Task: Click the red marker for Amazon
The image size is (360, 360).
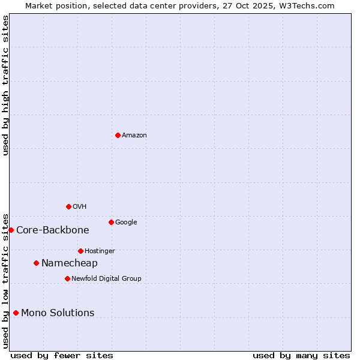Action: click(x=118, y=135)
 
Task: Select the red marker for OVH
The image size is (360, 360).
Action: click(x=68, y=206)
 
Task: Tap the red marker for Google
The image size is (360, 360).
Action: click(x=111, y=222)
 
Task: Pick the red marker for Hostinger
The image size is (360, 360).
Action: click(x=80, y=251)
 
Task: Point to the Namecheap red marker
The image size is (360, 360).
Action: click(x=36, y=263)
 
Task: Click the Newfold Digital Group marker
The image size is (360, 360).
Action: click(x=67, y=278)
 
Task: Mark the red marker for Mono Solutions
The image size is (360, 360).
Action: click(x=16, y=313)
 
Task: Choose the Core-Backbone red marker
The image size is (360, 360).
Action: click(x=11, y=230)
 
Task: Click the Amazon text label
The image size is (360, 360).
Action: click(x=134, y=136)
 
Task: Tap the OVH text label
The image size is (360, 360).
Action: click(x=80, y=207)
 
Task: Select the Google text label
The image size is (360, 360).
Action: click(x=126, y=223)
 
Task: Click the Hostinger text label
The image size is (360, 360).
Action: click(x=100, y=251)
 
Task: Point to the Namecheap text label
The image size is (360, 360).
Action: click(x=70, y=263)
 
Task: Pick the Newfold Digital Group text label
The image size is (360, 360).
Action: click(x=106, y=279)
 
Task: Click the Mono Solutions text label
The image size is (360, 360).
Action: click(x=58, y=313)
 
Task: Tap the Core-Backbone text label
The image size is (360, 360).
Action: click(x=53, y=230)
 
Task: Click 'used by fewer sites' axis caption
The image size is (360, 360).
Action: click(x=62, y=355)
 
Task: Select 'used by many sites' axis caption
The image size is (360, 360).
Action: click(x=301, y=355)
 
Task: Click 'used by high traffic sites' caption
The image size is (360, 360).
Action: click(x=6, y=85)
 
